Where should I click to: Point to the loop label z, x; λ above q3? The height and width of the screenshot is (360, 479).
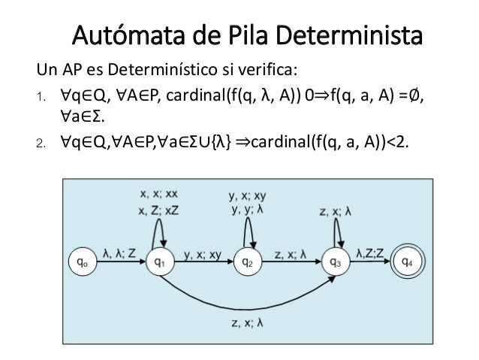(x=339, y=211)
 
